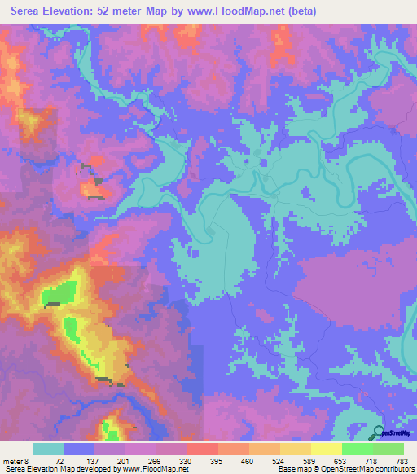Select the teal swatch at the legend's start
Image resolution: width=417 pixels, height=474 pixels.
[x=48, y=449]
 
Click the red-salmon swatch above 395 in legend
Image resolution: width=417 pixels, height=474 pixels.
[x=203, y=449]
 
